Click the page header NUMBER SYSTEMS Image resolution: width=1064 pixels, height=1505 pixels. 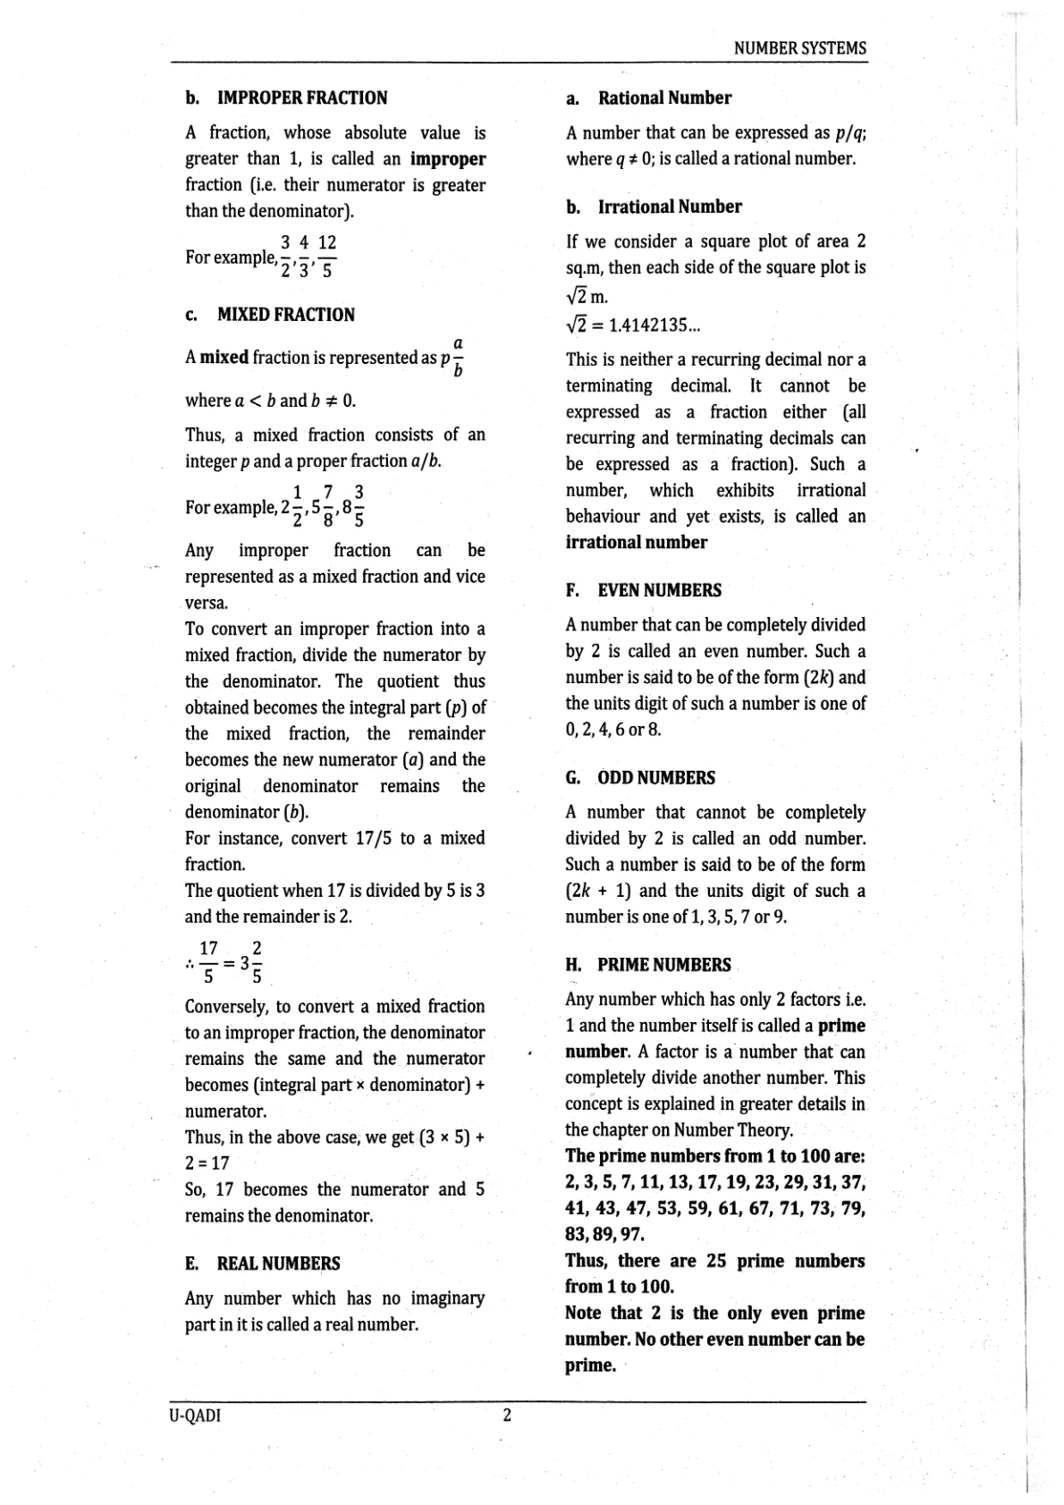pos(799,48)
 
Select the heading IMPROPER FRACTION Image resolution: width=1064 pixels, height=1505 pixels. pos(302,98)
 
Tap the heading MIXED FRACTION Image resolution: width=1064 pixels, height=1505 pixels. pos(285,315)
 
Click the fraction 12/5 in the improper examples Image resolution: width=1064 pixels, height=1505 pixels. pos(327,256)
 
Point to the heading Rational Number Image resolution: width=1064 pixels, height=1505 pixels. pos(664,98)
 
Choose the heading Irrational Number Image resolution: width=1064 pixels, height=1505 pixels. pos(670,207)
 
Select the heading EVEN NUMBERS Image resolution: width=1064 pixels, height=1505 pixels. pos(659,590)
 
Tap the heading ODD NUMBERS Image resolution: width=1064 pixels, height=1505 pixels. pos(655,778)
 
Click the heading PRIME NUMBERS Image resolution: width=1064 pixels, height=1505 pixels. pos(663,965)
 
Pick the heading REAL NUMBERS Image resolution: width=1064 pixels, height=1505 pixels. pos(278,1264)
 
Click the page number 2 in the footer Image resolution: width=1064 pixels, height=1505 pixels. pos(507,1415)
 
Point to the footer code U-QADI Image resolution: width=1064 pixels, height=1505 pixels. pos(194,1416)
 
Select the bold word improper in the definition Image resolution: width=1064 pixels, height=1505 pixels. pos(448,159)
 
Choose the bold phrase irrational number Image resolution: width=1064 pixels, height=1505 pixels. pos(636,542)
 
